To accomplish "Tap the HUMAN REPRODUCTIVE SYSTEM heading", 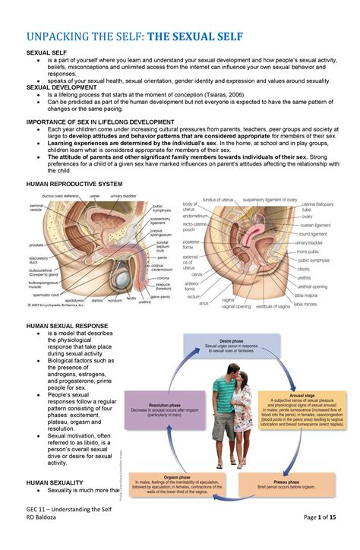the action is click(x=74, y=184).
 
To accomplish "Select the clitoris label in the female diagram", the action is click(x=302, y=268).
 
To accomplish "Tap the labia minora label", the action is click(x=306, y=304).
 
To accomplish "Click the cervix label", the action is click(x=196, y=273).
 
